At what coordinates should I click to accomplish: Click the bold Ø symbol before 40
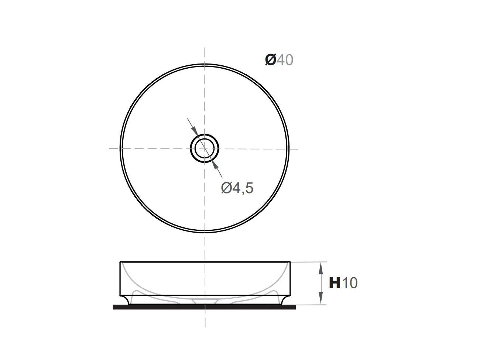[x=270, y=59]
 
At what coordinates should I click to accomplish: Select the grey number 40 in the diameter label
[x=285, y=59]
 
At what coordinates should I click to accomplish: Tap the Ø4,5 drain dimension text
[x=237, y=188]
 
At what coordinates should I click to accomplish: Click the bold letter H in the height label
[x=335, y=283]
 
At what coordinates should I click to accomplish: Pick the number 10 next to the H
[x=350, y=283]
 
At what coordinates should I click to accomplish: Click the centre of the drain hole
[x=205, y=148]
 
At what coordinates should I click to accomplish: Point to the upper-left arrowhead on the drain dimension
[x=195, y=130]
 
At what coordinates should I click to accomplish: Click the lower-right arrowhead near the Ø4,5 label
[x=215, y=166]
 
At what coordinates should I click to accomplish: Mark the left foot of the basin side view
[x=126, y=300]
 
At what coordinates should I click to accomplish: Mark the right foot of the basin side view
[x=284, y=300]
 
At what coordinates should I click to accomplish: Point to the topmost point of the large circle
[x=205, y=64]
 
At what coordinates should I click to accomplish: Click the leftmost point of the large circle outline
[x=120, y=148]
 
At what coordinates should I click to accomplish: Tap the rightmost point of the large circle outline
[x=289, y=148]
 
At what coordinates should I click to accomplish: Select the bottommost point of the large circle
[x=205, y=233]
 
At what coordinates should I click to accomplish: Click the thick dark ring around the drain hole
[x=192, y=148]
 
